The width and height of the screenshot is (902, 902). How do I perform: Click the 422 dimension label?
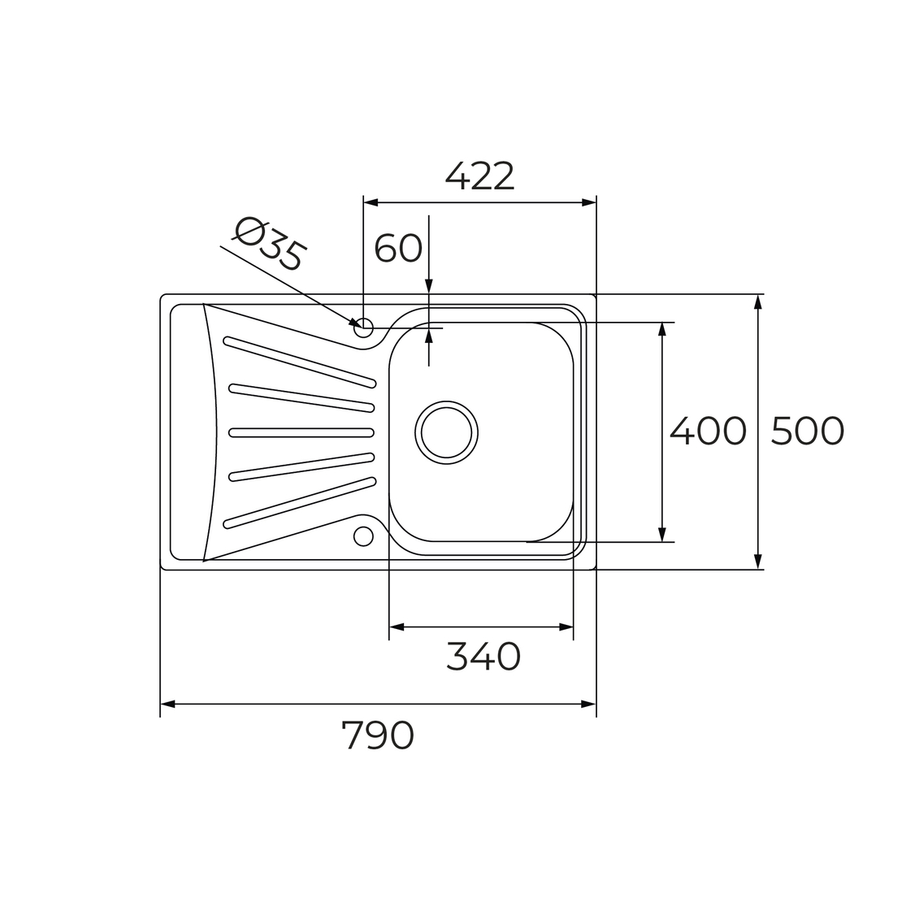479,176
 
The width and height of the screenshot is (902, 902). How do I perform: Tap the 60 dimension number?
398,249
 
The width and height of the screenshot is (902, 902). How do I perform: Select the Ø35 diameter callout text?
269,244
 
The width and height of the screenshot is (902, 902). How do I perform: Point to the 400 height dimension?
708,431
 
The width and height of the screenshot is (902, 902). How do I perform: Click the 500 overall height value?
807,431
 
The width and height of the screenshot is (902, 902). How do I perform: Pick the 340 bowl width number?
484,657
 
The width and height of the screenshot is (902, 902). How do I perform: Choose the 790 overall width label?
377,735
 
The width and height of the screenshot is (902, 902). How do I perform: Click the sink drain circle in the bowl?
446,432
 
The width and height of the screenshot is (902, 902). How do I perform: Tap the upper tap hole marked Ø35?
363,328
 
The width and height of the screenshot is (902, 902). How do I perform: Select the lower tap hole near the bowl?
363,536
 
